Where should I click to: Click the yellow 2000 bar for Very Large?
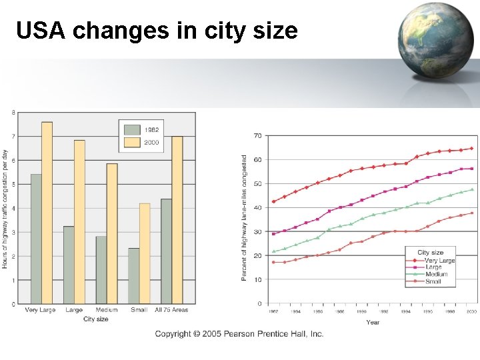click(x=47, y=213)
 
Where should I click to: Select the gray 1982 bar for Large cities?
click(x=69, y=265)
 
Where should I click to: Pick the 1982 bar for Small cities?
click(x=134, y=276)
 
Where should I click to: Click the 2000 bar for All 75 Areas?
click(x=177, y=220)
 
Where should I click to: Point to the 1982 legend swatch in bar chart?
click(x=133, y=129)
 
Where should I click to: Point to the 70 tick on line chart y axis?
click(x=257, y=136)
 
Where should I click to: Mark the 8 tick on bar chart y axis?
click(x=13, y=112)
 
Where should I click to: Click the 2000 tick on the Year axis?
click(x=471, y=311)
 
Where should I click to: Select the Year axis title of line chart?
click(x=373, y=322)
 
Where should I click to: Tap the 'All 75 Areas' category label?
click(x=171, y=310)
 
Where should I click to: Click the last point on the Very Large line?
click(x=471, y=149)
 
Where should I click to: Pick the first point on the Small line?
click(x=273, y=262)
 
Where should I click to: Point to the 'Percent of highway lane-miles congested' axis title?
click(x=245, y=218)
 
